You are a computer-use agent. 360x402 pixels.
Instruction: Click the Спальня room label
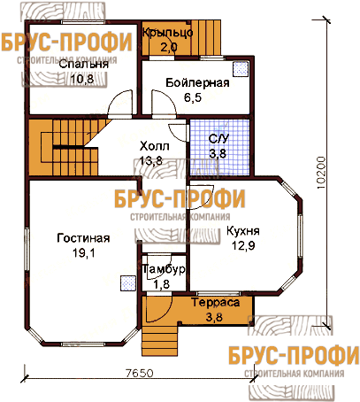(84, 65)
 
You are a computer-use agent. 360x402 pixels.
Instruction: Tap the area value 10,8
(82, 79)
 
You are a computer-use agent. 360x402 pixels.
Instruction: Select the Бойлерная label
(197, 82)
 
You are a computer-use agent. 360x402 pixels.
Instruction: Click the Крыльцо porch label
(168, 33)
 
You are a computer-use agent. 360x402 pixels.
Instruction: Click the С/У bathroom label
(218, 139)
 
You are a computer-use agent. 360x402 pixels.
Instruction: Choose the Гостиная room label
(83, 238)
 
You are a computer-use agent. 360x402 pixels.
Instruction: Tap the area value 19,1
(84, 252)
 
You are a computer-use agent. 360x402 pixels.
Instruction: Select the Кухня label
(243, 231)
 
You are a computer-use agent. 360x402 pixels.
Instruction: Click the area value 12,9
(243, 245)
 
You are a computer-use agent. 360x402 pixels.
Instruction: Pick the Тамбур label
(164, 269)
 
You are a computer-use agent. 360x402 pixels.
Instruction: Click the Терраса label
(216, 303)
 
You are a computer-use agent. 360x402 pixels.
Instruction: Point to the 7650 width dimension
(140, 374)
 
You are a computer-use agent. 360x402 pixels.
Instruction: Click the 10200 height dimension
(321, 173)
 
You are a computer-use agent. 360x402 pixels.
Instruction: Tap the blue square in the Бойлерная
(240, 69)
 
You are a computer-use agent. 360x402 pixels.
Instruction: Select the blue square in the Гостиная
(128, 283)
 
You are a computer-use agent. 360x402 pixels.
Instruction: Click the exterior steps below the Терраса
(160, 340)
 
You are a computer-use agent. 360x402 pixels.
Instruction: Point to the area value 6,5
(193, 97)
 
